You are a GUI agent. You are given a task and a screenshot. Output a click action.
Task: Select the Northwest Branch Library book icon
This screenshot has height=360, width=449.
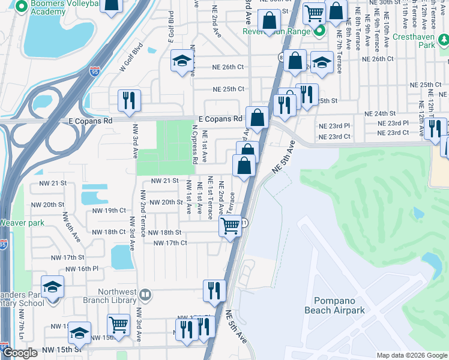(145, 295)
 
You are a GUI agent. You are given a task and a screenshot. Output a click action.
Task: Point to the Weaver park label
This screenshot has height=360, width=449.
(20, 223)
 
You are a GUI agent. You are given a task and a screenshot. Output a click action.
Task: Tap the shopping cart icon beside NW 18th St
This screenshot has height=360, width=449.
(231, 227)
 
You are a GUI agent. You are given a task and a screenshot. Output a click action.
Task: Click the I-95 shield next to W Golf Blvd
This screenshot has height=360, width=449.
(95, 71)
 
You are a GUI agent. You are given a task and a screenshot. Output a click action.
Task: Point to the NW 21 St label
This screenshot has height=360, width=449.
(165, 181)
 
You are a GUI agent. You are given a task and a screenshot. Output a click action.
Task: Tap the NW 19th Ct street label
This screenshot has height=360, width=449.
(109, 211)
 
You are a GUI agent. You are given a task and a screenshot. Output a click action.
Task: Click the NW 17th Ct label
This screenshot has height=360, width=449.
(170, 243)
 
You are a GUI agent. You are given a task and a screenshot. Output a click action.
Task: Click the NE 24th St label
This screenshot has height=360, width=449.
(380, 113)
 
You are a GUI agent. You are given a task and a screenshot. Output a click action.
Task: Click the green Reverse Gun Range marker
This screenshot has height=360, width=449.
(319, 31)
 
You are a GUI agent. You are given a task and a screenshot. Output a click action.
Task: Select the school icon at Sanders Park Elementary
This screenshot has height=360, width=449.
(52, 287)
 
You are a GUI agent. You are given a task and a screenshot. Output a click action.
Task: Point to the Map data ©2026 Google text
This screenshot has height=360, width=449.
(412, 355)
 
